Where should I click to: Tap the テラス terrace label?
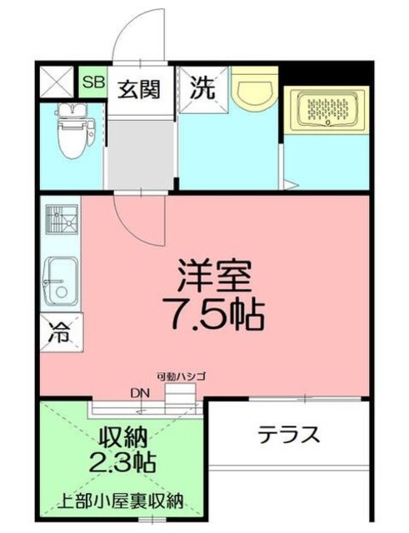point(288,434)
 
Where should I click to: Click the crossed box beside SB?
point(57,82)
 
